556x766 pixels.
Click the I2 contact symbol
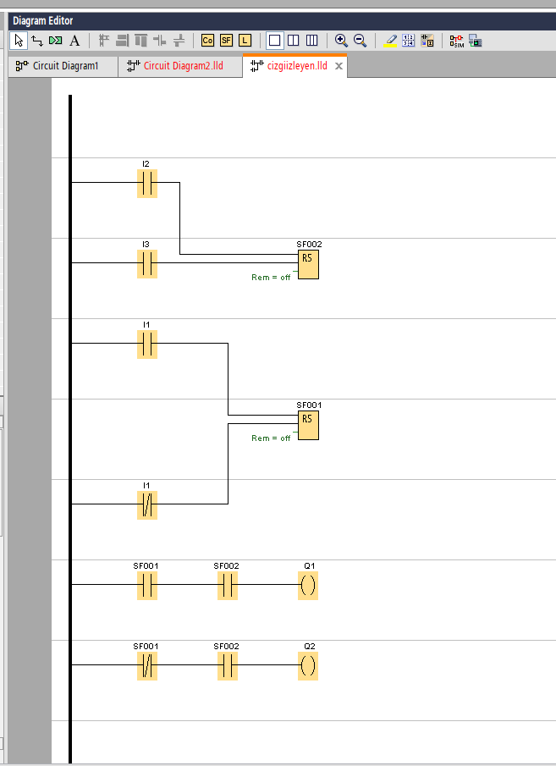click(147, 183)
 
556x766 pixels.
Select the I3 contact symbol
click(147, 263)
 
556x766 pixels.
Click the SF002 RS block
click(308, 265)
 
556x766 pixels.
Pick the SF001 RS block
click(308, 426)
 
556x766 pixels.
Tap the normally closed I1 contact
click(147, 505)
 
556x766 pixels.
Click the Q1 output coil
click(308, 585)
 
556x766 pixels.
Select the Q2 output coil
click(308, 665)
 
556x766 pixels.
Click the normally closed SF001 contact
click(147, 665)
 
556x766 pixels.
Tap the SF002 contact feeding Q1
click(228, 585)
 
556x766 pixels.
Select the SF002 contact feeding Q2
click(228, 665)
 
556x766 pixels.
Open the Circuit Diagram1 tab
click(64, 66)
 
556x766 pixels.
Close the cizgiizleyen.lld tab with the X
click(339, 66)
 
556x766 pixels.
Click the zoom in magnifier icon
click(341, 40)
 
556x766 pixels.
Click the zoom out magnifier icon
click(360, 40)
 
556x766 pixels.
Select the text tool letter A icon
click(74, 40)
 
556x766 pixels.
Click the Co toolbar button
click(207, 40)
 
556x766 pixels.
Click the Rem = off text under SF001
click(271, 438)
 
